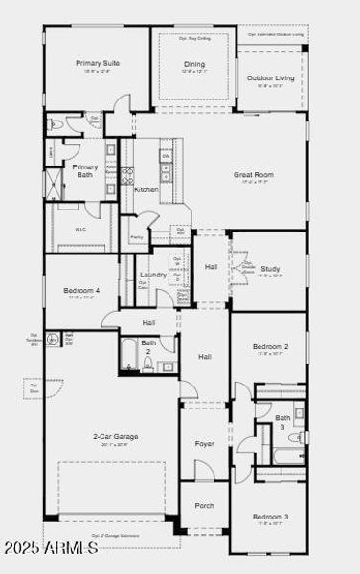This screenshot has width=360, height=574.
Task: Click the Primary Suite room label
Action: [x=96, y=64]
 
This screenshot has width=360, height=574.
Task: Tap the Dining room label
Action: [x=194, y=65]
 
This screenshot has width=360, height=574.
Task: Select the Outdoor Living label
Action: [x=271, y=77]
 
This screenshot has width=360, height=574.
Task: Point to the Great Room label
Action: [x=254, y=175]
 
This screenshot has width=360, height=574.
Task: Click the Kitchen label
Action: [x=146, y=189]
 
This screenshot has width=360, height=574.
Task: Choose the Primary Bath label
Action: [x=85, y=170]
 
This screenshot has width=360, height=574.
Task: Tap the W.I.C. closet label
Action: [x=81, y=229]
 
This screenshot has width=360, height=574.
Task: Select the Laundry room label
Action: [x=153, y=275]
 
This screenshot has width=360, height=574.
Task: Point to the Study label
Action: [x=271, y=269]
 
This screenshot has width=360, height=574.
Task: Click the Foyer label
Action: [x=205, y=444]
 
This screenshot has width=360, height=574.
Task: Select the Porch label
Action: [x=205, y=505]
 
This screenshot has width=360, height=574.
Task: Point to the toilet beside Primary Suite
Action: [x=56, y=124]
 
